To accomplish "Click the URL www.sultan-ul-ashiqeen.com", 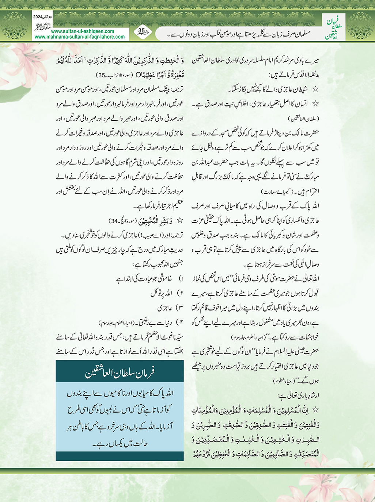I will coord(82,31).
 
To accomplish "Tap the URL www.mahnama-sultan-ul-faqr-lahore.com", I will coord(80,37).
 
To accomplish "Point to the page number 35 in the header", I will coord(142,31).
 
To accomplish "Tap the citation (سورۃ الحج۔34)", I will coord(122,221).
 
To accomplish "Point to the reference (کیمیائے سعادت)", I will coord(277,192).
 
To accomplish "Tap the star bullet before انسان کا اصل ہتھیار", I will coord(315,104).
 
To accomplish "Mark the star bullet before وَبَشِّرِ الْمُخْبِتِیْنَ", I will coord(179,221).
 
